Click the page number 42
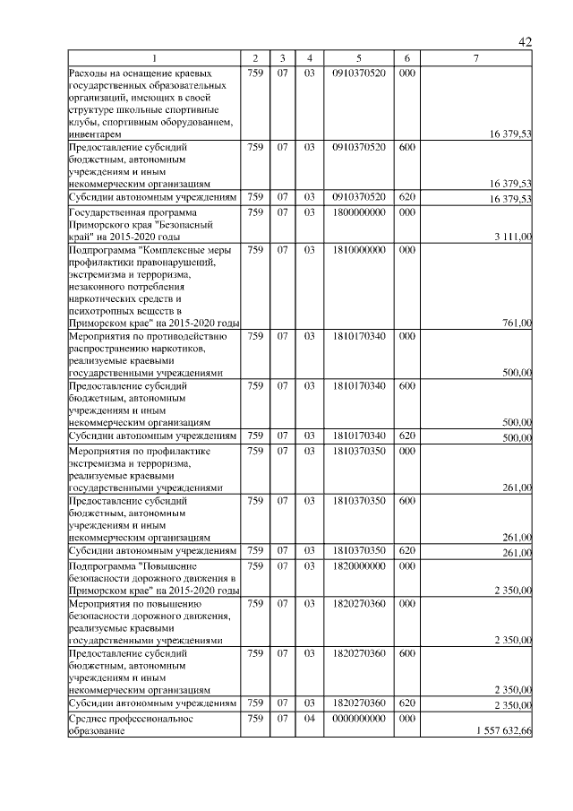coord(526,42)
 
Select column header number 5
coord(357,58)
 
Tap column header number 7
coord(476,58)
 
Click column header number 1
coord(153,58)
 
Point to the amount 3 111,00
coord(512,236)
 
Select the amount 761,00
coord(517,324)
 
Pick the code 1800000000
coord(357,211)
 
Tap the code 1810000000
coord(357,249)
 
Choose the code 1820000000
coord(357,566)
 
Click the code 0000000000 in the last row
coord(357,719)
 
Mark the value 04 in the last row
coord(309,719)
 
